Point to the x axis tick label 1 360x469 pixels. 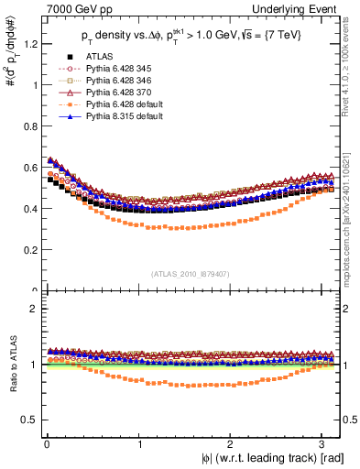[x=139, y=443]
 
